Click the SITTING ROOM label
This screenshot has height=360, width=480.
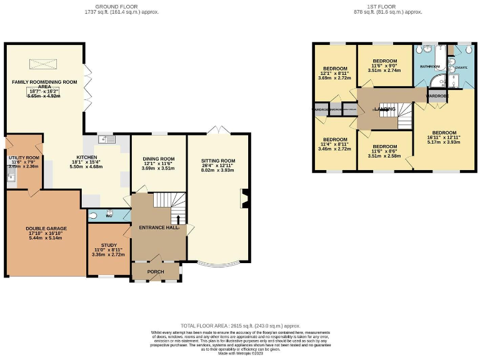tap(218, 161)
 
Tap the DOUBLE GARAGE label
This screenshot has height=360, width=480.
tap(46, 229)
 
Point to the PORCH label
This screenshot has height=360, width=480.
tap(156, 272)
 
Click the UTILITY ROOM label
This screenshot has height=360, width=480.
tap(24, 158)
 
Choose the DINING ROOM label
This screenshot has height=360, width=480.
tap(158, 159)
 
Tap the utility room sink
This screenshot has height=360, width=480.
tap(11, 176)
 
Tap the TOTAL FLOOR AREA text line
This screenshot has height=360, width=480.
tap(241, 326)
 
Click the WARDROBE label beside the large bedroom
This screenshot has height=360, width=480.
tap(437, 97)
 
